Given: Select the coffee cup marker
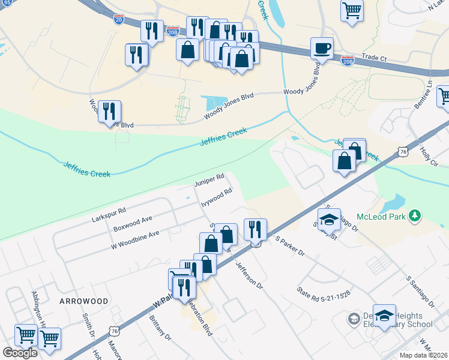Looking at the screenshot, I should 322,47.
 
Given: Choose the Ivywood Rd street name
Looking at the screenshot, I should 216,196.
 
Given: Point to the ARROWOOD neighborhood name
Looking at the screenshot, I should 83,301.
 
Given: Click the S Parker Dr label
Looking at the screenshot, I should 289,246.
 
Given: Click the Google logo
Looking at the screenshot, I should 20,352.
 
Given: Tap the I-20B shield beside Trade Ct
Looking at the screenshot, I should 347,61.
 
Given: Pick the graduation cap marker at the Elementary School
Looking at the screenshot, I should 384,314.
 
